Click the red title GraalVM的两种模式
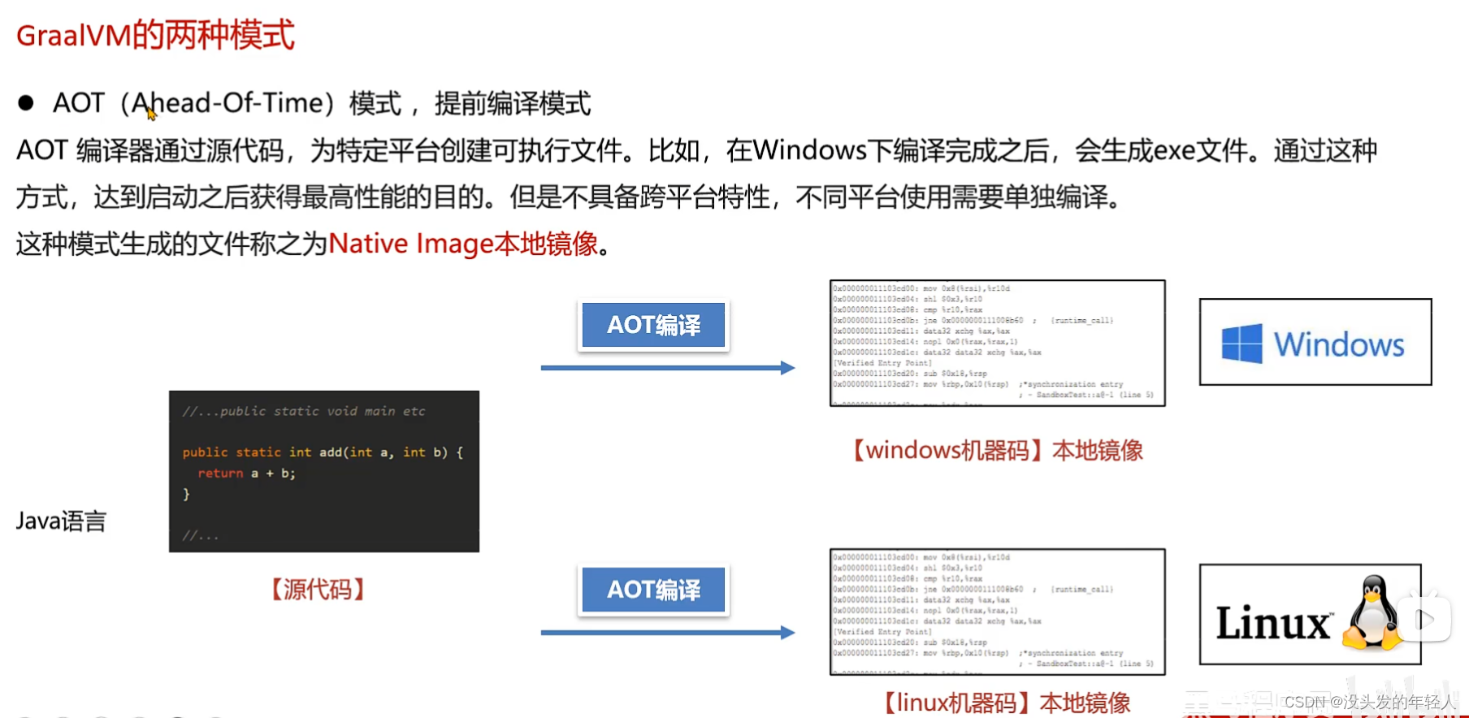pyautogui.click(x=155, y=36)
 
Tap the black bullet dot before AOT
pyautogui.click(x=26, y=102)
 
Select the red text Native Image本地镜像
pyautogui.click(x=463, y=244)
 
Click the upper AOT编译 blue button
pyautogui.click(x=653, y=325)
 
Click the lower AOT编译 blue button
pyautogui.click(x=653, y=590)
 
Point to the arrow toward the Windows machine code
pyautogui.click(x=667, y=368)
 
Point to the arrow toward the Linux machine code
pyautogui.click(x=667, y=633)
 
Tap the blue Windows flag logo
pyautogui.click(x=1241, y=344)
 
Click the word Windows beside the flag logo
pyautogui.click(x=1338, y=344)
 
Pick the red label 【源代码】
pyautogui.click(x=318, y=589)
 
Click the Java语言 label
pyautogui.click(x=61, y=521)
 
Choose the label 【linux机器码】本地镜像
pyautogui.click(x=1007, y=703)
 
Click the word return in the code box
pyautogui.click(x=220, y=474)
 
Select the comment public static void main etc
pyautogui.click(x=304, y=411)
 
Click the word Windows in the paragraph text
pyautogui.click(x=809, y=150)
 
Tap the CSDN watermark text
pyautogui.click(x=1370, y=702)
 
